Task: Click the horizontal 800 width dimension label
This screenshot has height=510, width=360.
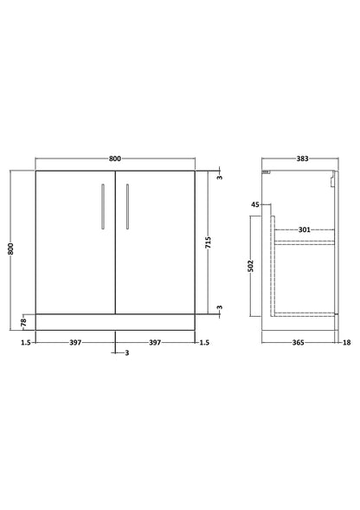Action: [x=116, y=158]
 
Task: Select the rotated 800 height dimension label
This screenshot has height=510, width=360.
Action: [x=11, y=248]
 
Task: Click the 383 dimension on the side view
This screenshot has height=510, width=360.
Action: [x=301, y=158]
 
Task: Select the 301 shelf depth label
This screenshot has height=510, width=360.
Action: [x=304, y=230]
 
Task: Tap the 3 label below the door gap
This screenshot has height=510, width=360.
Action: [x=126, y=353]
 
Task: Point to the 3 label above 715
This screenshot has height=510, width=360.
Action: [x=220, y=178]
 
